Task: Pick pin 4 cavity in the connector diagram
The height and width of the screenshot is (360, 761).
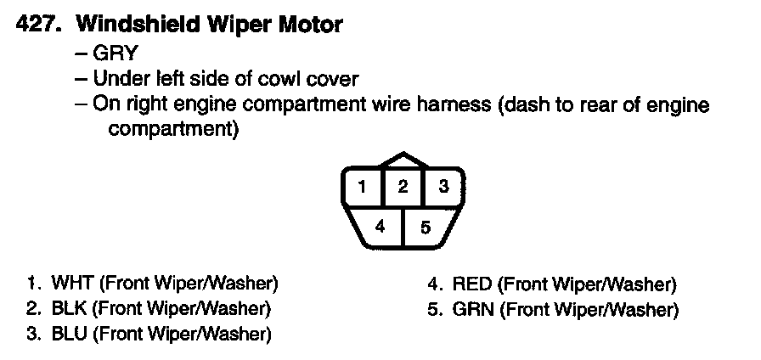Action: (x=380, y=226)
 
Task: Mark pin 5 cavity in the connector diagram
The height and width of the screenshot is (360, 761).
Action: (x=426, y=226)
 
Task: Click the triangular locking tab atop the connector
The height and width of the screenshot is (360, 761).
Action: (x=403, y=161)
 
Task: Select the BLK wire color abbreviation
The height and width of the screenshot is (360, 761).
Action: (x=66, y=308)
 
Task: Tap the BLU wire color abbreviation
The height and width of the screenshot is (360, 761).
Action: (x=66, y=334)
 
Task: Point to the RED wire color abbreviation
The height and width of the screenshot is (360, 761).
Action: (x=471, y=284)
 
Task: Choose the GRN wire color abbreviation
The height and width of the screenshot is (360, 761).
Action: (x=472, y=310)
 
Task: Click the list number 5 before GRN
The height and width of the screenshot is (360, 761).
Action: (x=434, y=310)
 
